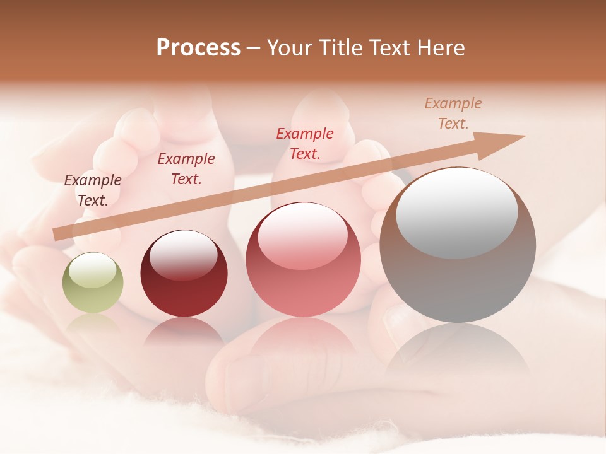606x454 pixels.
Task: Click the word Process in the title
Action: [198, 48]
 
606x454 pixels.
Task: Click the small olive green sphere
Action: [93, 283]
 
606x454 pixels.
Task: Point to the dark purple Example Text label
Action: [93, 190]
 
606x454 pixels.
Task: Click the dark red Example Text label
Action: [186, 168]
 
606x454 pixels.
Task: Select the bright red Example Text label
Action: [305, 143]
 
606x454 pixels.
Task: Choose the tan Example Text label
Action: [453, 113]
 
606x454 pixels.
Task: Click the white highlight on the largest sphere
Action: [456, 212]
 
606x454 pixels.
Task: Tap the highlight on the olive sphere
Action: [92, 271]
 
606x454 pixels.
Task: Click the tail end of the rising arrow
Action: [58, 234]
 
